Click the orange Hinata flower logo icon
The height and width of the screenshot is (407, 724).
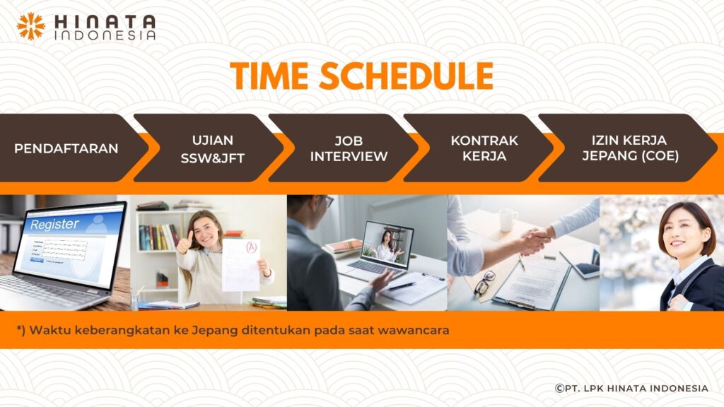[x=31, y=26]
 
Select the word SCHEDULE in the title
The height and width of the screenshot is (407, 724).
[x=407, y=76]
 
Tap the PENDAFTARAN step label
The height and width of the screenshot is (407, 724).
[x=66, y=148]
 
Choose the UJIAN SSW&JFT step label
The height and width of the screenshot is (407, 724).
[x=212, y=149]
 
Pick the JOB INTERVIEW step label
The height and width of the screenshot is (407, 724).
[x=349, y=148]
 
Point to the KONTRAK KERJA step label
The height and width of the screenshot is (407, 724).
[x=484, y=148]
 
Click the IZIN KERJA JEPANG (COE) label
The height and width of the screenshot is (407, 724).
[x=630, y=148]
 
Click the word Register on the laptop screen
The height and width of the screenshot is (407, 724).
[x=54, y=224]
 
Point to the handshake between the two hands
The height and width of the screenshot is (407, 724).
[x=536, y=240]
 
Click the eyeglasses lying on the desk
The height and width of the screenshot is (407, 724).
[x=483, y=283]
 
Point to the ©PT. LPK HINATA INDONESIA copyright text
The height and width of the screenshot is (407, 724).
[x=631, y=388]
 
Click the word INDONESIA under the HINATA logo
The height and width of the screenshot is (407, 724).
[x=105, y=35]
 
